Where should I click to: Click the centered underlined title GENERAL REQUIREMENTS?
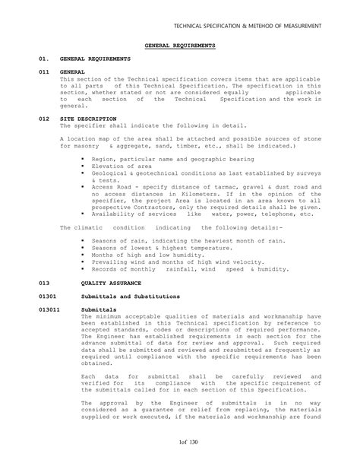click(179, 46)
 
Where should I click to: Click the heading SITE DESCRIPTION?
click(87, 119)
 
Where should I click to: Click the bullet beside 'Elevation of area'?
click(82, 166)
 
